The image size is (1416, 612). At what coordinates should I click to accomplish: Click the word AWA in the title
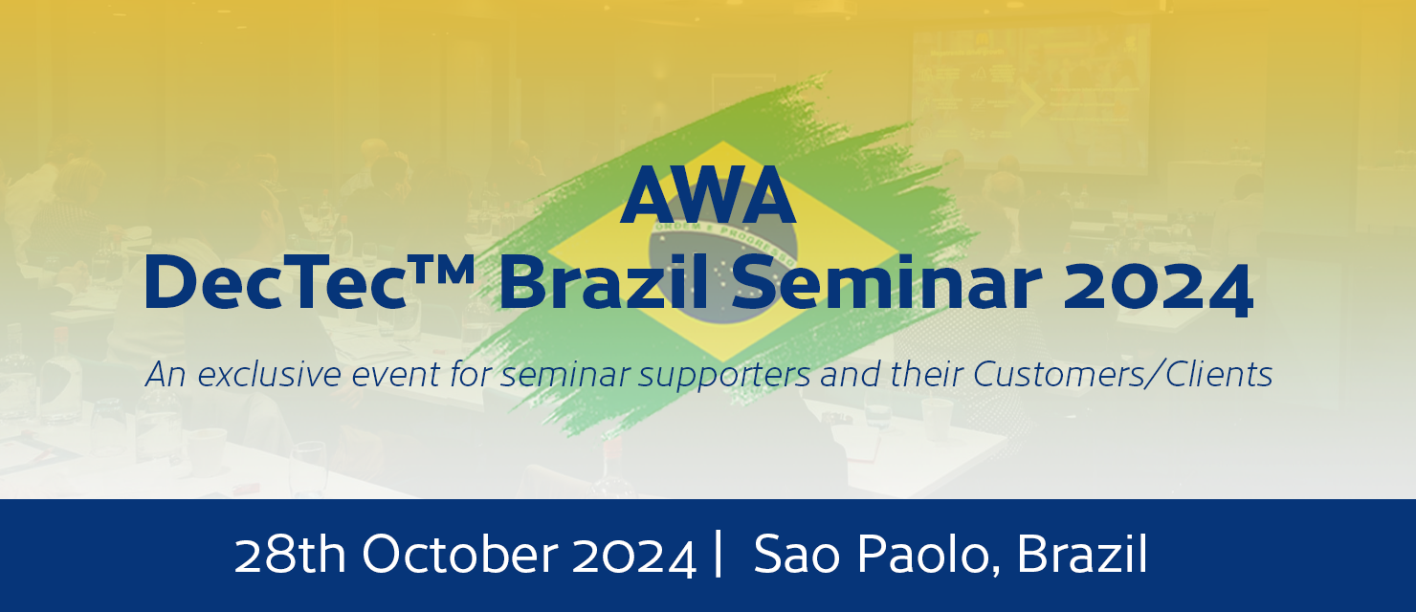pos(708,195)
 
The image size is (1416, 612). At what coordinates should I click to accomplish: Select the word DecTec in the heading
pos(276,281)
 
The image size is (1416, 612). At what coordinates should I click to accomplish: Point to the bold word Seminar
pos(886,281)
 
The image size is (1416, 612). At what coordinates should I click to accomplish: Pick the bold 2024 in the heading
pos(1158,284)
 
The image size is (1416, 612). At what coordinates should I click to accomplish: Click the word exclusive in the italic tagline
pos(270,374)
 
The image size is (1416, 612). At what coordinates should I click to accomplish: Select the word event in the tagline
pos(396,375)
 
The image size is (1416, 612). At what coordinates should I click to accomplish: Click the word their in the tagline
pos(927,374)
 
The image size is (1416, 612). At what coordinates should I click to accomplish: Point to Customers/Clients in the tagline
pos(1122,374)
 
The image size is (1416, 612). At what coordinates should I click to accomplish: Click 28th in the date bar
pos(290,555)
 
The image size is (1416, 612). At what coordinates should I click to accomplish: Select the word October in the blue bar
pos(460,555)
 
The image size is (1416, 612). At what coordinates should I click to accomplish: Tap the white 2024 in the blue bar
pos(634,557)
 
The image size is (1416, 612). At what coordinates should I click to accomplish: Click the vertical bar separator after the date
pos(718,554)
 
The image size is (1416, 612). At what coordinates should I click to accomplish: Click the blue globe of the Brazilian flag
pos(723,272)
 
